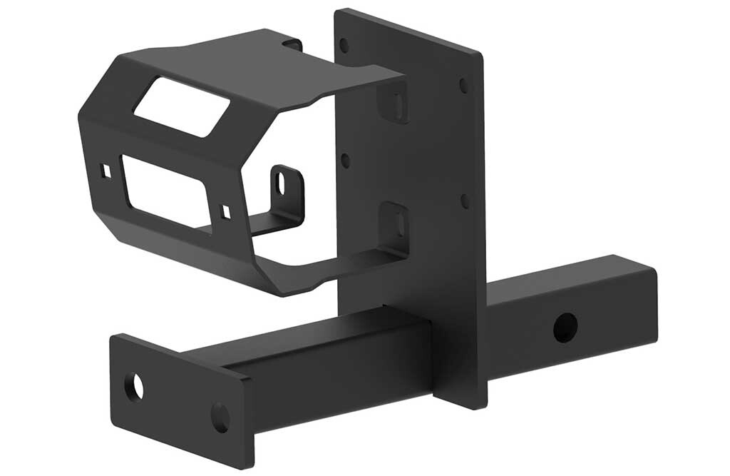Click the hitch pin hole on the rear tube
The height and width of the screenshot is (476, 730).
point(565,327)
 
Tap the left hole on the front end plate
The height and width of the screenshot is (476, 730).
point(134,387)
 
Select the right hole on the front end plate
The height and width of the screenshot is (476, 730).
point(220,417)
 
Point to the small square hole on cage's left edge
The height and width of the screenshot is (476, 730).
point(106,171)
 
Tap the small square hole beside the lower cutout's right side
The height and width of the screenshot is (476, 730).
point(226,211)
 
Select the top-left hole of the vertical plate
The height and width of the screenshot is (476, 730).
point(344,46)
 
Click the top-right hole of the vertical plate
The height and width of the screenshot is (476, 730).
point(464,85)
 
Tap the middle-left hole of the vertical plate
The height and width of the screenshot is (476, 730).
point(345,160)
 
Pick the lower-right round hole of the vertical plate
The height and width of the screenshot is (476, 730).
point(465,201)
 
